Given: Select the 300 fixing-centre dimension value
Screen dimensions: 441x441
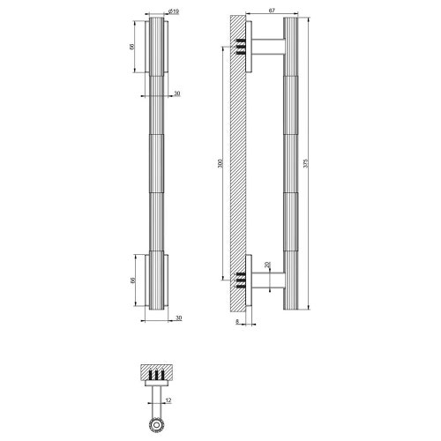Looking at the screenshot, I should [219, 164].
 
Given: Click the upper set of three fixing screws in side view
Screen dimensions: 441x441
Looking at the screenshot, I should [240, 49].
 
